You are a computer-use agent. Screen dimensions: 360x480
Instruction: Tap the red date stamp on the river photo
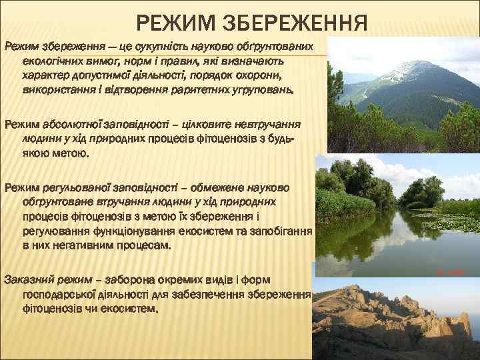coord(451,272)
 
